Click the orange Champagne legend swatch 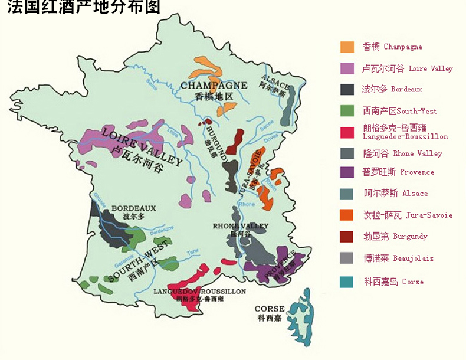[347, 47]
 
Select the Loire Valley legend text [407, 68]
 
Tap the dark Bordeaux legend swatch [347, 90]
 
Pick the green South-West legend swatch [347, 111]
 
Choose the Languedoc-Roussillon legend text [405, 132]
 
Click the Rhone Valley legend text [402, 153]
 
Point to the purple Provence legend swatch [347, 172]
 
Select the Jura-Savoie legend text [407, 215]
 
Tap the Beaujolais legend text [398, 258]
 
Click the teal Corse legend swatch [347, 282]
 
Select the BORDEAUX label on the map [134, 208]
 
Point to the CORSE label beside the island [270, 309]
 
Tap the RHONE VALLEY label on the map [241, 226]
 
